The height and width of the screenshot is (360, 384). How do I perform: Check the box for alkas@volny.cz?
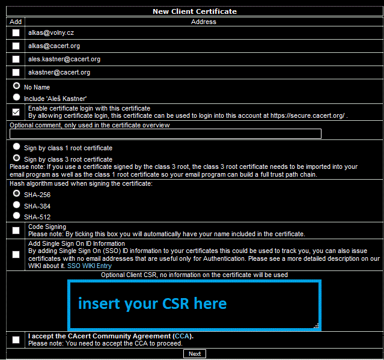coord(16,32)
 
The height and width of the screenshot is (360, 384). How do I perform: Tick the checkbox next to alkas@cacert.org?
coord(16,46)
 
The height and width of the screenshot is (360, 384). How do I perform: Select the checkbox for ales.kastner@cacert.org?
coord(16,59)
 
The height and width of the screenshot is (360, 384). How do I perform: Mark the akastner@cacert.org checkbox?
coord(16,72)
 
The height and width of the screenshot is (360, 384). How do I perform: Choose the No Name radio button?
coord(17,86)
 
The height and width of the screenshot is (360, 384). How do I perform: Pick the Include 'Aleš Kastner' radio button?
coord(17,97)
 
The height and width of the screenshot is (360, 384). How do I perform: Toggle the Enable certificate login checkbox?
coord(16,112)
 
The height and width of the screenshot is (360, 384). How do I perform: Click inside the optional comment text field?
coord(165,134)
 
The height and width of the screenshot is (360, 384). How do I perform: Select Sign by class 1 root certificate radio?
coord(17,146)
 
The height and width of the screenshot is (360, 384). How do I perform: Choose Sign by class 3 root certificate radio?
coord(17,157)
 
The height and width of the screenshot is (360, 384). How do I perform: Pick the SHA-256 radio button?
coord(17,194)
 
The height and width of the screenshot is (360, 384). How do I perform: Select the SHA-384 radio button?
coord(17,205)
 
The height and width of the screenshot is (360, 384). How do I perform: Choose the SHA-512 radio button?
coord(17,216)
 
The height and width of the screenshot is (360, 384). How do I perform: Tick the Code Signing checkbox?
coord(16,230)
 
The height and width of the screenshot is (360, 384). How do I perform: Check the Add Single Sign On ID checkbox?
coord(16,254)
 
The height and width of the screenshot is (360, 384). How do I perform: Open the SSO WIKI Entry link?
coord(89,266)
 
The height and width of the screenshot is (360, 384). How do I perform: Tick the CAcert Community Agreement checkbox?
coord(16,340)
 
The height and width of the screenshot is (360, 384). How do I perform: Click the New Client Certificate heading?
coord(194,11)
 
